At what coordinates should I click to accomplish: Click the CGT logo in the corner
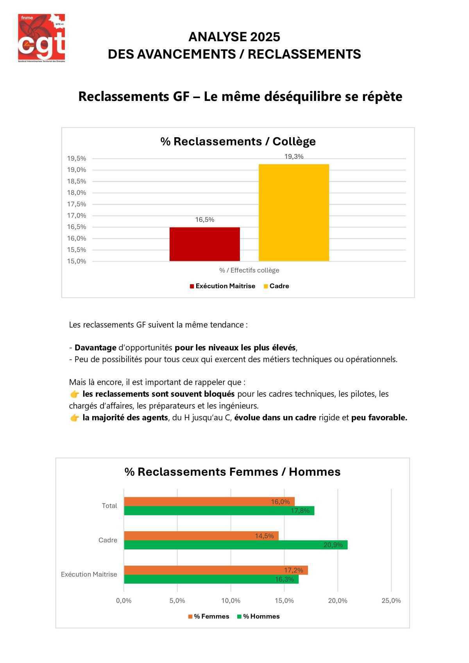pyautogui.click(x=41, y=38)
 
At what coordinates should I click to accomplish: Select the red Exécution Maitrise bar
pyautogui.click(x=204, y=244)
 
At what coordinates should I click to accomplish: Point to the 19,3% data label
pyautogui.click(x=294, y=157)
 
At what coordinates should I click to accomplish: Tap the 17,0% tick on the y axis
pyautogui.click(x=77, y=215)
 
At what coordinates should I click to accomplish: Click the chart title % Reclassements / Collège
pyautogui.click(x=238, y=142)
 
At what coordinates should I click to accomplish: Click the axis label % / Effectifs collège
pyautogui.click(x=249, y=270)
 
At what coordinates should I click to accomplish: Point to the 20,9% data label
pyautogui.click(x=333, y=545)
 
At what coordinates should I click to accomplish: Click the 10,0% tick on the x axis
pyautogui.click(x=231, y=601)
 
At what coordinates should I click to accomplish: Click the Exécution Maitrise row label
pyautogui.click(x=89, y=574)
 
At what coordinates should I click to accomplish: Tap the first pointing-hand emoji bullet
pyautogui.click(x=74, y=394)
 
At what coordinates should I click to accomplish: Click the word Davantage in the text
pyautogui.click(x=95, y=348)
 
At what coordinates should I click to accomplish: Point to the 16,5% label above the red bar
pyautogui.click(x=204, y=220)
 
